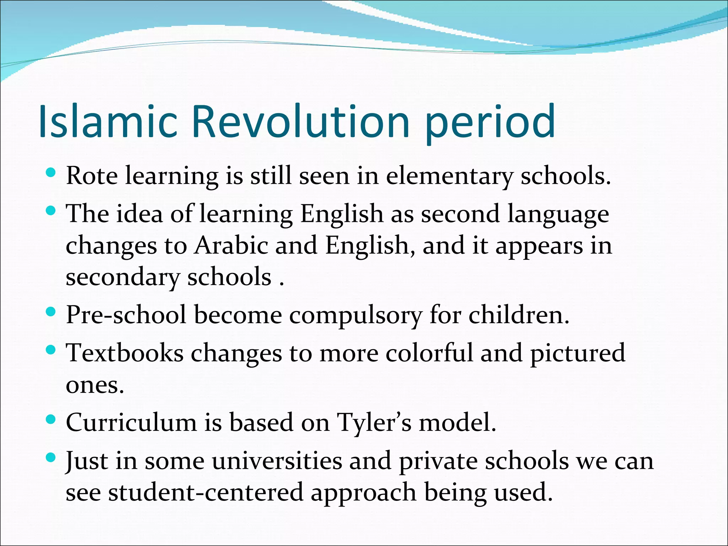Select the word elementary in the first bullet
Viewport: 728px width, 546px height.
[x=449, y=176]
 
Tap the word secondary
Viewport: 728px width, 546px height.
[x=123, y=277]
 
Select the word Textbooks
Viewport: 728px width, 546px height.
[x=125, y=353]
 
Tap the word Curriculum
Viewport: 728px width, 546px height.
[x=131, y=422]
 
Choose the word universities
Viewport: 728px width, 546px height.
[x=277, y=461]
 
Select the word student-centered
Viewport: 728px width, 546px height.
[x=206, y=492]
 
